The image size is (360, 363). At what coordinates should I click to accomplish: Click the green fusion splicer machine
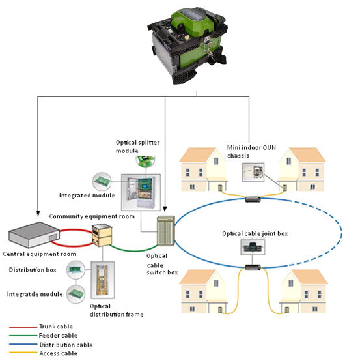point(187,45)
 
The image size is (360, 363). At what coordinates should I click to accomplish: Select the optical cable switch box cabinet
point(166,231)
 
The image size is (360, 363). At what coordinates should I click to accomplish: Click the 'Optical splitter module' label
point(137,147)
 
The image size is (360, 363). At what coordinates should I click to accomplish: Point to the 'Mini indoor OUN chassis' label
point(251,151)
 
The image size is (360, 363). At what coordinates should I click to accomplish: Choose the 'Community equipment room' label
point(92,216)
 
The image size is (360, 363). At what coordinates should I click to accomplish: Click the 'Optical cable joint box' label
point(255,233)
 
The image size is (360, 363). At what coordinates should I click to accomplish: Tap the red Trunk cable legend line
point(23,327)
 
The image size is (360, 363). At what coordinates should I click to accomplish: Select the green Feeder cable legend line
point(23,336)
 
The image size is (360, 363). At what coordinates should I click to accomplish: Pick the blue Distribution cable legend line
point(23,345)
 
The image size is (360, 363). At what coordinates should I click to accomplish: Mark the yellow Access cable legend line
point(23,353)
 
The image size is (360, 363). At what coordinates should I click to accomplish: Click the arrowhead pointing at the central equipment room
point(38,213)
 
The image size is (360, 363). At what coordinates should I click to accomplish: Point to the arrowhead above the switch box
point(165,209)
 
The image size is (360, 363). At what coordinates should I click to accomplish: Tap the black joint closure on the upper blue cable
point(253,199)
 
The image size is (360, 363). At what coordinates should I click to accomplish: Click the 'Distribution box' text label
point(33,270)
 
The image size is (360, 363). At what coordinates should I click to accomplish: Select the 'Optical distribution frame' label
point(117,310)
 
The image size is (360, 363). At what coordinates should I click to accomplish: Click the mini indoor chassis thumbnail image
point(253,172)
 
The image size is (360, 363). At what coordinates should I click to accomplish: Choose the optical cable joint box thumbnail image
point(253,248)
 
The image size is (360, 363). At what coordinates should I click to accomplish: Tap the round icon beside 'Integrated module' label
point(102,181)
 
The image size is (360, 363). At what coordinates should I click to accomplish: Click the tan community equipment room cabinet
point(102,235)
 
